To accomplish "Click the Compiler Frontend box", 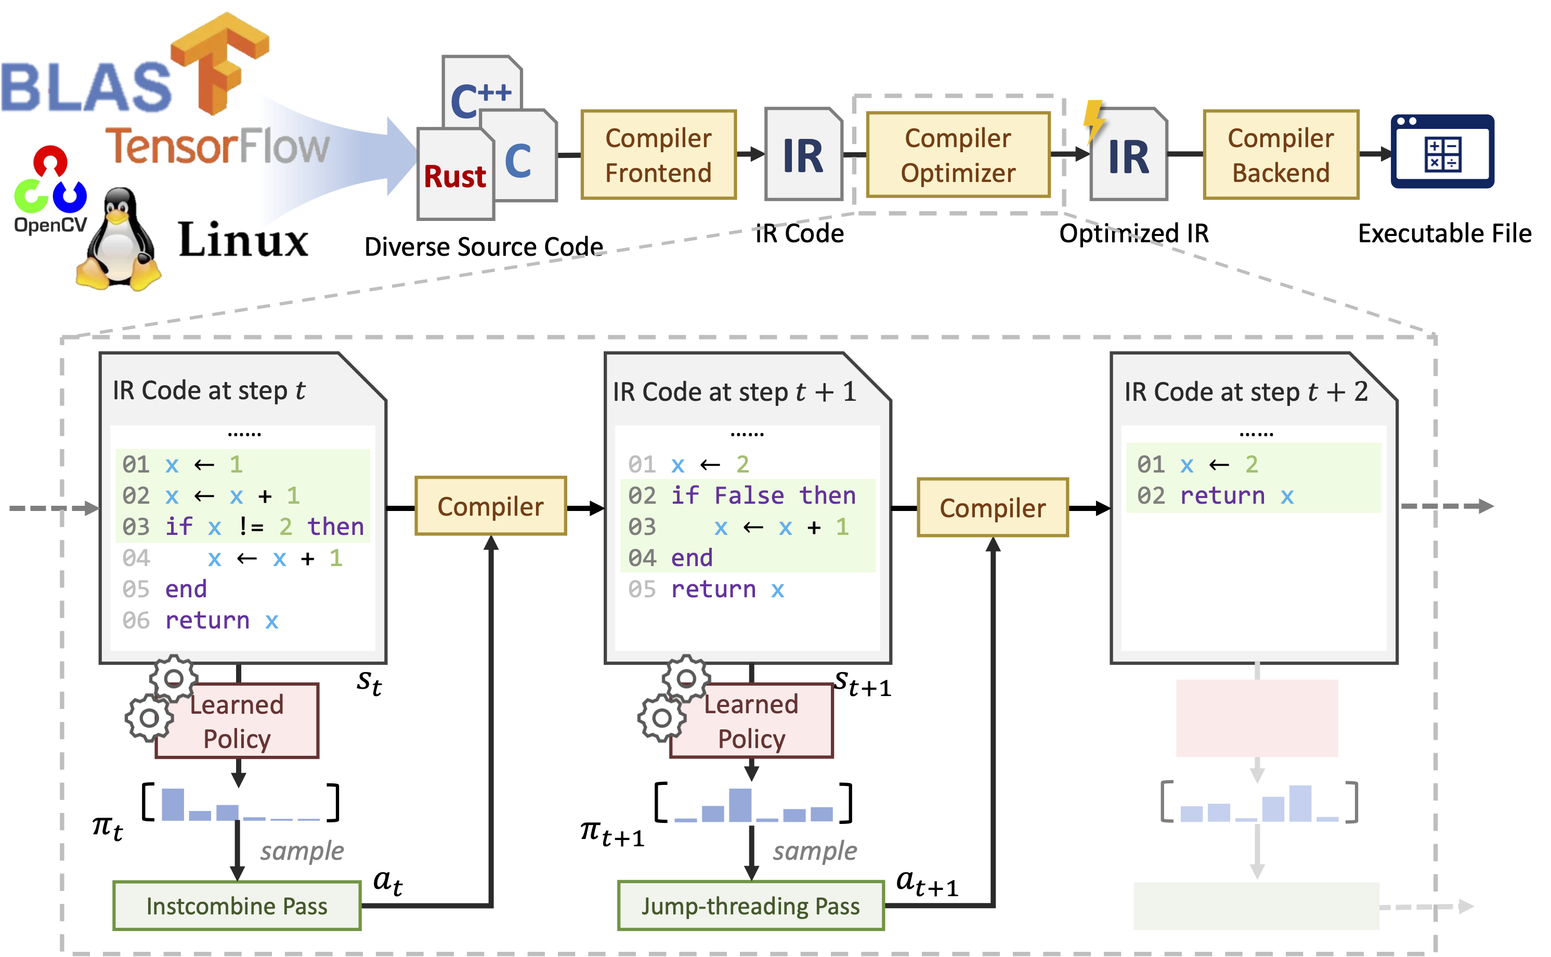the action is coord(658,155).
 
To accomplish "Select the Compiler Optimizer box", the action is coord(958,155).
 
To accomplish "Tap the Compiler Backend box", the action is coord(1281,155).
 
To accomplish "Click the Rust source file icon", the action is coord(455,174).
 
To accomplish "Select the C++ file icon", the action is coord(483,88).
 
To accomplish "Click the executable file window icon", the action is coord(1442,151).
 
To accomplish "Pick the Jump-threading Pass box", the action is coord(751,906).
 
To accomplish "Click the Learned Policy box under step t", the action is coord(238,721).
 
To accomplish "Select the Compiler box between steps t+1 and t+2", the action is coord(993,508).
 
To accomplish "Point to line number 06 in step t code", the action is coord(136,620).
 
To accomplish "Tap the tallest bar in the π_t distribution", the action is coord(173,805).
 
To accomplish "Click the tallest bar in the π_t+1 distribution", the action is coord(740,805).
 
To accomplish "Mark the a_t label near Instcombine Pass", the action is coord(387,882).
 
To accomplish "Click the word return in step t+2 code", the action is coord(1222,495).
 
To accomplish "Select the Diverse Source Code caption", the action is coord(484,246).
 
